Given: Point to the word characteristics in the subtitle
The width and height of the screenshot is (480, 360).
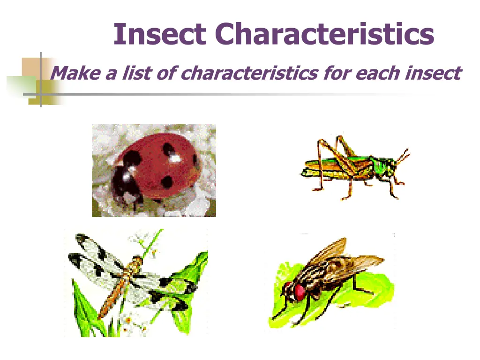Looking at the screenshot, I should pyautogui.click(x=247, y=73).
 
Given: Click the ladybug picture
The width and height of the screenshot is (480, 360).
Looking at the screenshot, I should pyautogui.click(x=154, y=170).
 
